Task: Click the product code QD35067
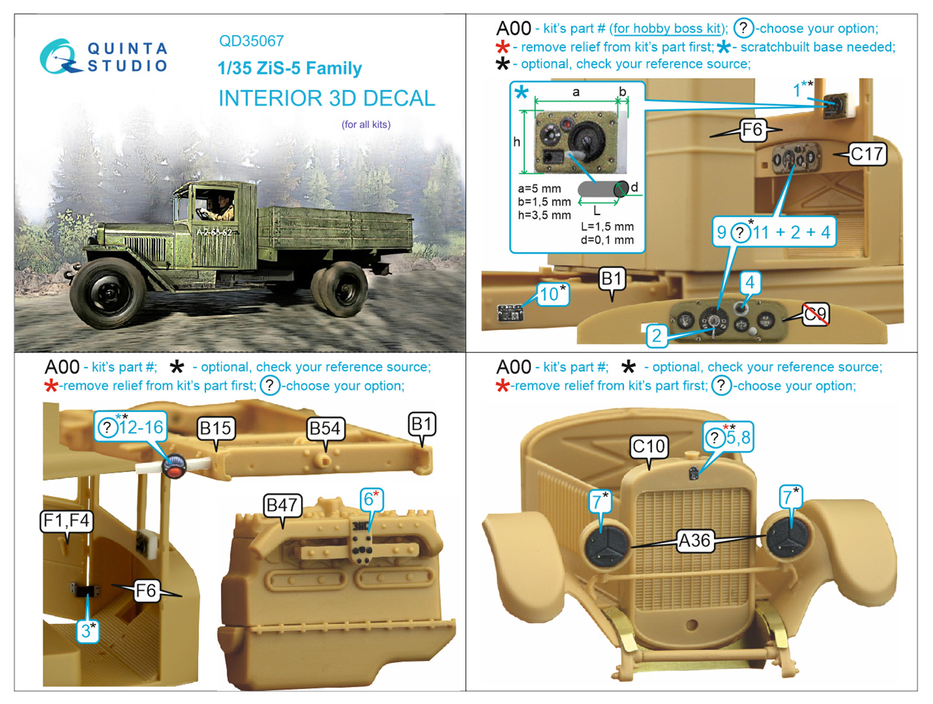pyautogui.click(x=251, y=41)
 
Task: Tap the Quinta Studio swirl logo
pyautogui.click(x=59, y=57)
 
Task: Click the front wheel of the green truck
pyautogui.click(x=109, y=293)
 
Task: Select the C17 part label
pyautogui.click(x=868, y=154)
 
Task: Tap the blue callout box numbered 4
pyautogui.click(x=750, y=282)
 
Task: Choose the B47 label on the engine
pyautogui.click(x=282, y=505)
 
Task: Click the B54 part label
pyautogui.click(x=325, y=428)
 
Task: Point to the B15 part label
pyautogui.click(x=216, y=428)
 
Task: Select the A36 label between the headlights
pyautogui.click(x=694, y=540)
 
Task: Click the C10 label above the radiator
pyautogui.click(x=648, y=446)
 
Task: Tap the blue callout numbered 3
pyautogui.click(x=88, y=631)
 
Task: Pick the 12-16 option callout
pyautogui.click(x=131, y=427)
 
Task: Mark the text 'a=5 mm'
pyautogui.click(x=539, y=188)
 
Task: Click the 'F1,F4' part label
pyautogui.click(x=66, y=520)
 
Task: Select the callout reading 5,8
pyautogui.click(x=728, y=437)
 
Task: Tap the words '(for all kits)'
pyautogui.click(x=366, y=124)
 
